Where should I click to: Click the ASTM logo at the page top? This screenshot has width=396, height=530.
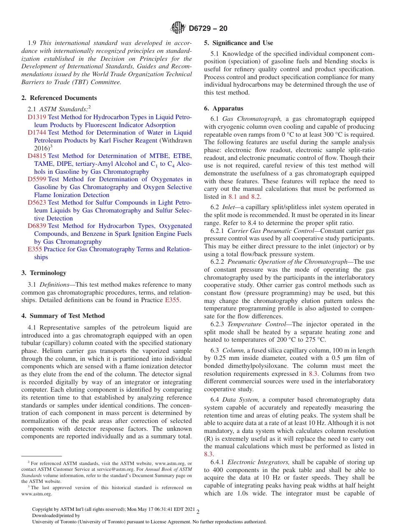[178, 28]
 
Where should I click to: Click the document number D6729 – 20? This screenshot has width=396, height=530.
[208, 29]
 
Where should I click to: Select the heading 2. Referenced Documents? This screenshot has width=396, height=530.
[59, 98]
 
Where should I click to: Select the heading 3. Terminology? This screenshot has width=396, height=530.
[44, 273]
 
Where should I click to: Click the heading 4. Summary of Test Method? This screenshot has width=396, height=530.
[63, 316]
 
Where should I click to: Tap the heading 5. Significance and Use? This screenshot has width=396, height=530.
[238, 43]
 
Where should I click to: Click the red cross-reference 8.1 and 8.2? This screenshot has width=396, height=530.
[244, 197]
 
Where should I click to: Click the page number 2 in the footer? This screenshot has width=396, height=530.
[198, 512]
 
